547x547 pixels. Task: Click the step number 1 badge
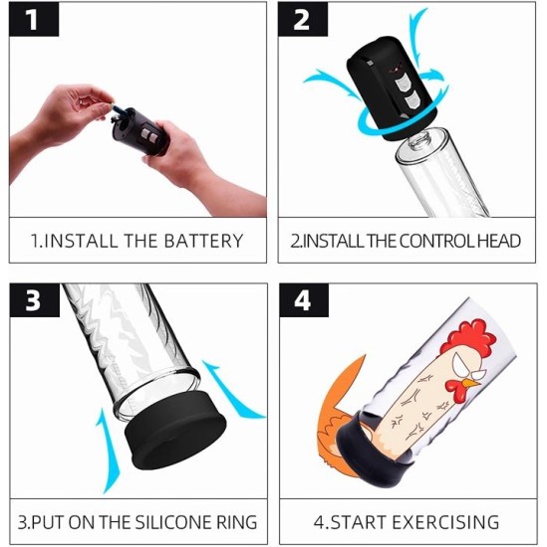34,19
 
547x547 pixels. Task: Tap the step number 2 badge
303,19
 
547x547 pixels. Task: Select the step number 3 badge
35,300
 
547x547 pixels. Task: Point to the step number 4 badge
304,300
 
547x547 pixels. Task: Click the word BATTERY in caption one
203,241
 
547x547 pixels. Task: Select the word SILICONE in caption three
173,522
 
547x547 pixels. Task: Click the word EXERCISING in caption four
445,522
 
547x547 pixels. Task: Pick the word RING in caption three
237,522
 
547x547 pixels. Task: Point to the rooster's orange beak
471,384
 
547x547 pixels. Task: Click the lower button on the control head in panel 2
411,100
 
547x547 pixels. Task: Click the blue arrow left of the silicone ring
108,450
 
